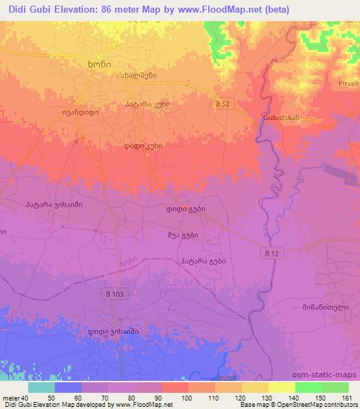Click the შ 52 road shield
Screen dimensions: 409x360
pos(224,103)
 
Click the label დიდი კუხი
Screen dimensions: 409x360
pos(143,146)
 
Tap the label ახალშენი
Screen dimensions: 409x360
pos(136,76)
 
